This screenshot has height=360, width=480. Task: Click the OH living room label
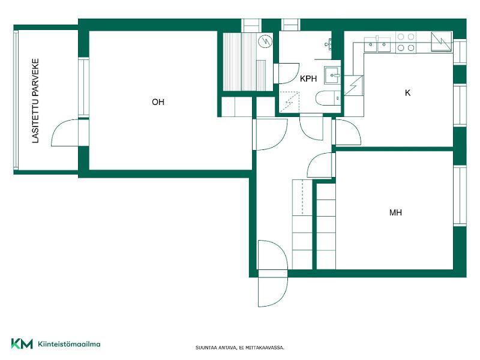(158, 102)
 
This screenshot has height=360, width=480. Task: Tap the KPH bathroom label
(308, 79)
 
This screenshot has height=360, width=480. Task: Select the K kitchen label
(407, 93)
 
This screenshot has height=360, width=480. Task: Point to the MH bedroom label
(395, 212)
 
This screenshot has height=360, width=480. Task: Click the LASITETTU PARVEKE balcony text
(36, 101)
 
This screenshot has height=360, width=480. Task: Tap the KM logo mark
(22, 343)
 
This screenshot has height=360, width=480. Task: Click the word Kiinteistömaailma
(69, 344)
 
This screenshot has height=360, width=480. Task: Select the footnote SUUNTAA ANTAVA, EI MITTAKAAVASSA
(240, 347)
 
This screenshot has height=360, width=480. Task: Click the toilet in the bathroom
(328, 98)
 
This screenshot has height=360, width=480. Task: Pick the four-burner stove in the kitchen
(406, 42)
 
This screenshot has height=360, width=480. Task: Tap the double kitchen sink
(377, 44)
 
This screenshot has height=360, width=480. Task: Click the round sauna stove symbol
(265, 41)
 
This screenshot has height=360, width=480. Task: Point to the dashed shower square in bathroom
(289, 102)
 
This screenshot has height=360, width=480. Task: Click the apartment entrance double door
(273, 274)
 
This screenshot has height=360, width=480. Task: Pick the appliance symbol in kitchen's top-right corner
(442, 41)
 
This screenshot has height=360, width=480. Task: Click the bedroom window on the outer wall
(460, 196)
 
